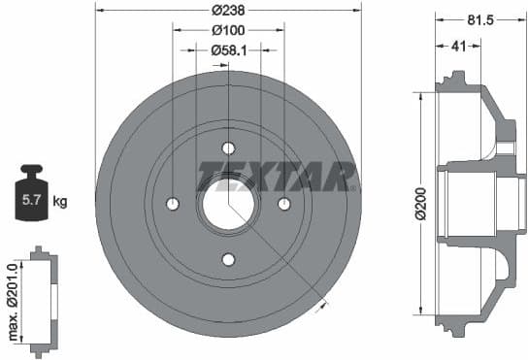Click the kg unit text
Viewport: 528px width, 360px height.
[60, 202]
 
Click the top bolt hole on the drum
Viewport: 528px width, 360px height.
[228, 148]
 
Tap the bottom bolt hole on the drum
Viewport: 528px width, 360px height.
[228, 259]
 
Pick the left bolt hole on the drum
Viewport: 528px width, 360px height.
[173, 204]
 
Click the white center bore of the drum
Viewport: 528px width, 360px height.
[228, 204]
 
